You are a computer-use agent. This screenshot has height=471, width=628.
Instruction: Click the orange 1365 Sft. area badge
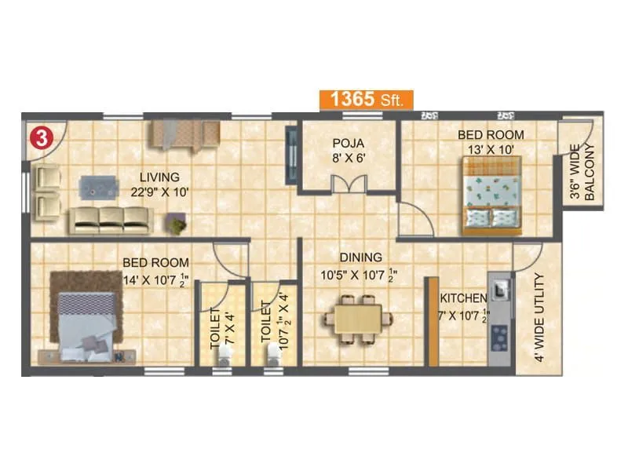tap(365, 100)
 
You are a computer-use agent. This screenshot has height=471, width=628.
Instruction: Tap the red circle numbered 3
tap(41, 139)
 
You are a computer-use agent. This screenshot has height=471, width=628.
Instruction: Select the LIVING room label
tap(159, 177)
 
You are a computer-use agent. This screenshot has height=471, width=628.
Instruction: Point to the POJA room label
tap(349, 143)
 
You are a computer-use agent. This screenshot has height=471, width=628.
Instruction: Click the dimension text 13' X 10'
tap(491, 149)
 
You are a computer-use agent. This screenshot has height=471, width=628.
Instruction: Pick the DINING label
tap(360, 257)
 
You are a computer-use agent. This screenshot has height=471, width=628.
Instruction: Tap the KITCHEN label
tap(463, 298)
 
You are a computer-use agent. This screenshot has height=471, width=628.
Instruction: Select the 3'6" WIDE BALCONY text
tap(582, 173)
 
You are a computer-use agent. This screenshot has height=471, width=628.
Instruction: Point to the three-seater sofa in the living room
tap(110, 221)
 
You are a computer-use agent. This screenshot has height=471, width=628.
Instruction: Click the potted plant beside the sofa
tap(177, 225)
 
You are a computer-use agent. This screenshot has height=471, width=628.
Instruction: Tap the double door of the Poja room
tap(349, 184)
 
